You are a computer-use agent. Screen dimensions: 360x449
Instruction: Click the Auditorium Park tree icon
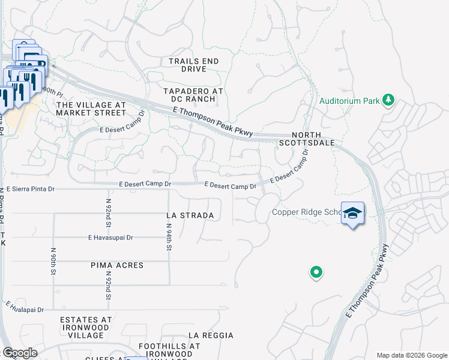389,100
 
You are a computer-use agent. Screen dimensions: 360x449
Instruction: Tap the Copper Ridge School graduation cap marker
353,213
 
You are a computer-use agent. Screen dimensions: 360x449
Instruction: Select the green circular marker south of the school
316,272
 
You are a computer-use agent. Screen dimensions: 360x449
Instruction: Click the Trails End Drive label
193,65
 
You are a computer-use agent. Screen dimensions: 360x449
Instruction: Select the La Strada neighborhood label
190,215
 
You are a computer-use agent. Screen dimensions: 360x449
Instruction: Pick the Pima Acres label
117,265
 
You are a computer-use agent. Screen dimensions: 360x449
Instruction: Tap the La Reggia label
209,335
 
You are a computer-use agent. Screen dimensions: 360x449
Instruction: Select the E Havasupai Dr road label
110,238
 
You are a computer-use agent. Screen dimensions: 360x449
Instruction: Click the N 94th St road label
170,235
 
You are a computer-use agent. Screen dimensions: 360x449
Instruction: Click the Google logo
20,353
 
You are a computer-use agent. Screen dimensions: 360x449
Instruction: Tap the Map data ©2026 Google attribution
411,355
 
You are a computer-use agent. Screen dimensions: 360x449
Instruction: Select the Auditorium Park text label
349,101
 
